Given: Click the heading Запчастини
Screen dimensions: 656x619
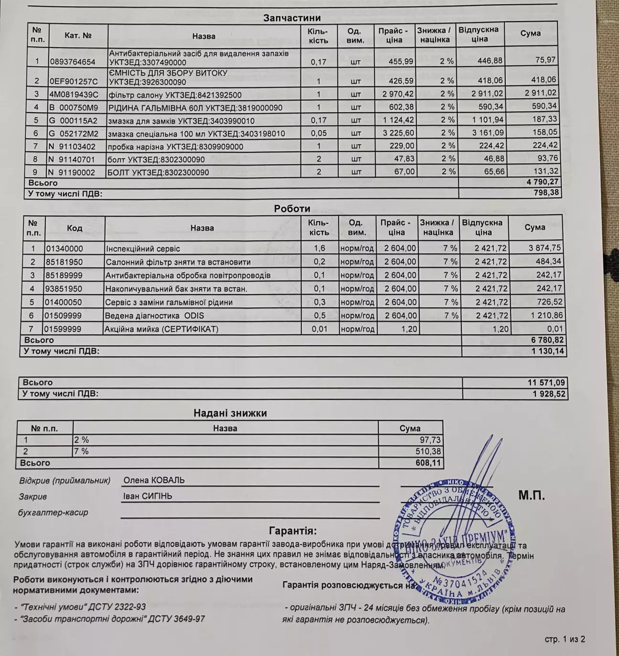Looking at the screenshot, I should (x=292, y=18).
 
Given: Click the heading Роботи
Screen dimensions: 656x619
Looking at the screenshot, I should (x=292, y=209).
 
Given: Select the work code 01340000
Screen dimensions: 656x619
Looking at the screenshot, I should (x=64, y=249).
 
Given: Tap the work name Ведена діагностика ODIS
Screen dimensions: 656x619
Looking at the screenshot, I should (x=155, y=316).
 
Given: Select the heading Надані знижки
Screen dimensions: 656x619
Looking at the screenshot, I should (x=230, y=413).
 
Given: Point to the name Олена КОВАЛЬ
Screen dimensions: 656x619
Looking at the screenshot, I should (x=154, y=480).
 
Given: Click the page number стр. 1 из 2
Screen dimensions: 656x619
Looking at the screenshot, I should (x=565, y=639).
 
